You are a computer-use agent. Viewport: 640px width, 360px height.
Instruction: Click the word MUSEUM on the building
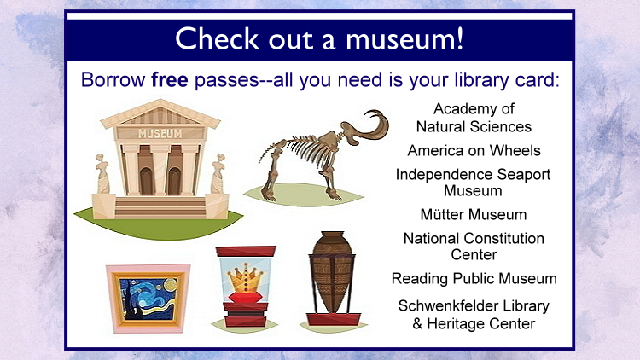pyautogui.click(x=160, y=133)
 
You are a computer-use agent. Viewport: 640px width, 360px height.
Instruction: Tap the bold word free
pyautogui.click(x=170, y=79)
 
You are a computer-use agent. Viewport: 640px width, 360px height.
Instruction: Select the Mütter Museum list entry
pyautogui.click(x=474, y=214)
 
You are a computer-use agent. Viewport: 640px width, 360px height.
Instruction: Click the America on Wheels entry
pyautogui.click(x=474, y=151)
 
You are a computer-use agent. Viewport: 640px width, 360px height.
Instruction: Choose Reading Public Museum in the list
pyautogui.click(x=474, y=278)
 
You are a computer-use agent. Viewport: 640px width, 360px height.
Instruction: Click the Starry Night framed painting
pyautogui.click(x=148, y=299)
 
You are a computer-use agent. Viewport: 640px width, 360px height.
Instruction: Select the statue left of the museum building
pyautogui.click(x=102, y=173)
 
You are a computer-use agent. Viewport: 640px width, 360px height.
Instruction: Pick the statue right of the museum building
pyautogui.click(x=218, y=173)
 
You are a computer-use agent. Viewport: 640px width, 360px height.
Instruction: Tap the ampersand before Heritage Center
pyautogui.click(x=417, y=323)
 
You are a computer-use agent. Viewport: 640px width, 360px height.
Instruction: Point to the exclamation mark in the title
pyautogui.click(x=460, y=38)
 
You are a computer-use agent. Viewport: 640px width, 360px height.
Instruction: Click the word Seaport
pyautogui.click(x=524, y=175)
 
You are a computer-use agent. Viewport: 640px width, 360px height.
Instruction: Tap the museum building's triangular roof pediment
pyautogui.click(x=160, y=113)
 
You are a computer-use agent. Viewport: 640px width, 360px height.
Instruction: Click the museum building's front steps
pyautogui.click(x=160, y=208)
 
